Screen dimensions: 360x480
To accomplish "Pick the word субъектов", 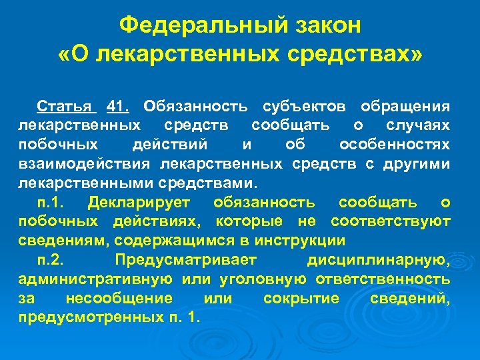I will coord(305,106).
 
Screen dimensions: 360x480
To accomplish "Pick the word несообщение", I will coord(119,299).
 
